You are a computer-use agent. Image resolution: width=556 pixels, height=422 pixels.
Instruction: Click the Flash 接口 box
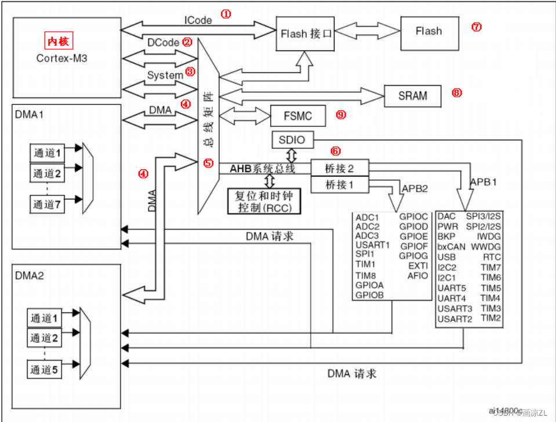(306, 34)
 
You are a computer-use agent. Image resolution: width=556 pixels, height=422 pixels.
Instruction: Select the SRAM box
(412, 96)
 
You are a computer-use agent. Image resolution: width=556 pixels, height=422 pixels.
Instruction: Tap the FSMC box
(298, 116)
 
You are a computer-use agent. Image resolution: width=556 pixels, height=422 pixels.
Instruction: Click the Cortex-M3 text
(61, 58)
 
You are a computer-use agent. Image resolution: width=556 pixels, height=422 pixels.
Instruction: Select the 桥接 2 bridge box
(339, 169)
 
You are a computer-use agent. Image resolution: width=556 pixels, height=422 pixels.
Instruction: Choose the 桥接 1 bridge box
(339, 185)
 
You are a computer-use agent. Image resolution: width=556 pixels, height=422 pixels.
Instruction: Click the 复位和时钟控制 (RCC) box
(264, 201)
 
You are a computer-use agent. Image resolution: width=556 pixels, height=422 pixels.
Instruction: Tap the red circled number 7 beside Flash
(477, 27)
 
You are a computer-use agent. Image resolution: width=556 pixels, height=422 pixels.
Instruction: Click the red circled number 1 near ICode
(226, 13)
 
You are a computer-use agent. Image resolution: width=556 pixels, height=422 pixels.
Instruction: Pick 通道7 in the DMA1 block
(47, 205)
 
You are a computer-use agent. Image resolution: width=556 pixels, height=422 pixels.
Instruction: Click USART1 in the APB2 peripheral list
(372, 245)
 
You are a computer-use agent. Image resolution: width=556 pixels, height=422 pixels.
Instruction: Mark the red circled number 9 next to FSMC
(340, 115)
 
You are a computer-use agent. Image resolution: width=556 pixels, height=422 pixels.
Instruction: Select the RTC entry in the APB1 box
(492, 257)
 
